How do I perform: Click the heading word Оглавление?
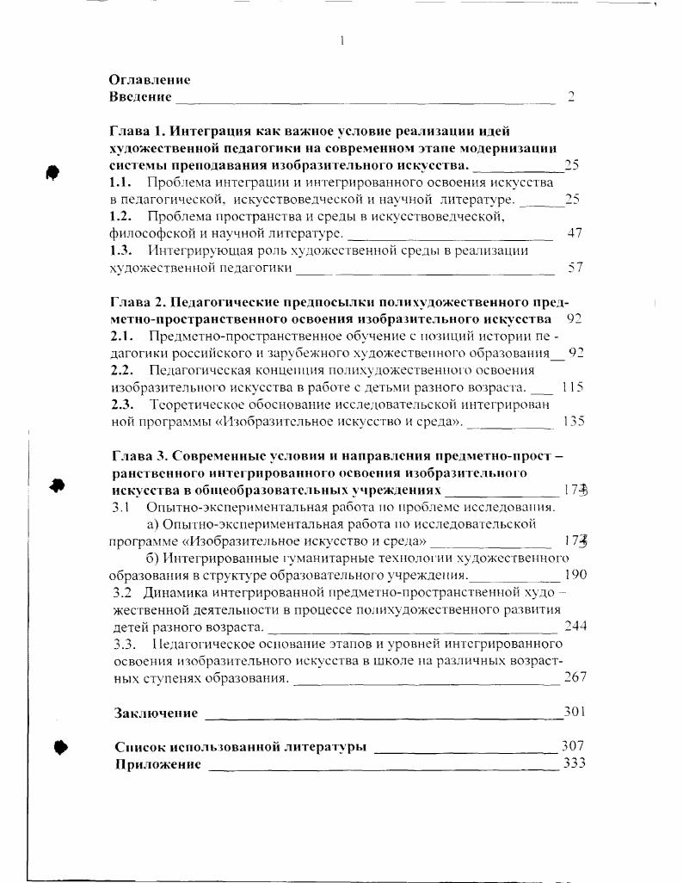150,79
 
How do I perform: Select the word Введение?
140,96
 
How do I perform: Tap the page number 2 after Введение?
570,96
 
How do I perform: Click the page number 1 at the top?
342,40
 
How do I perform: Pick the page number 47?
575,232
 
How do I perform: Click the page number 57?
575,267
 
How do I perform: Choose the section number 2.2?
122,370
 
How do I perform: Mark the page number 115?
572,387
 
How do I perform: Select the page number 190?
575,575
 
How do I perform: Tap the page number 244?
575,626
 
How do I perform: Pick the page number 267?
575,677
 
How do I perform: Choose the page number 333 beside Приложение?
574,763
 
